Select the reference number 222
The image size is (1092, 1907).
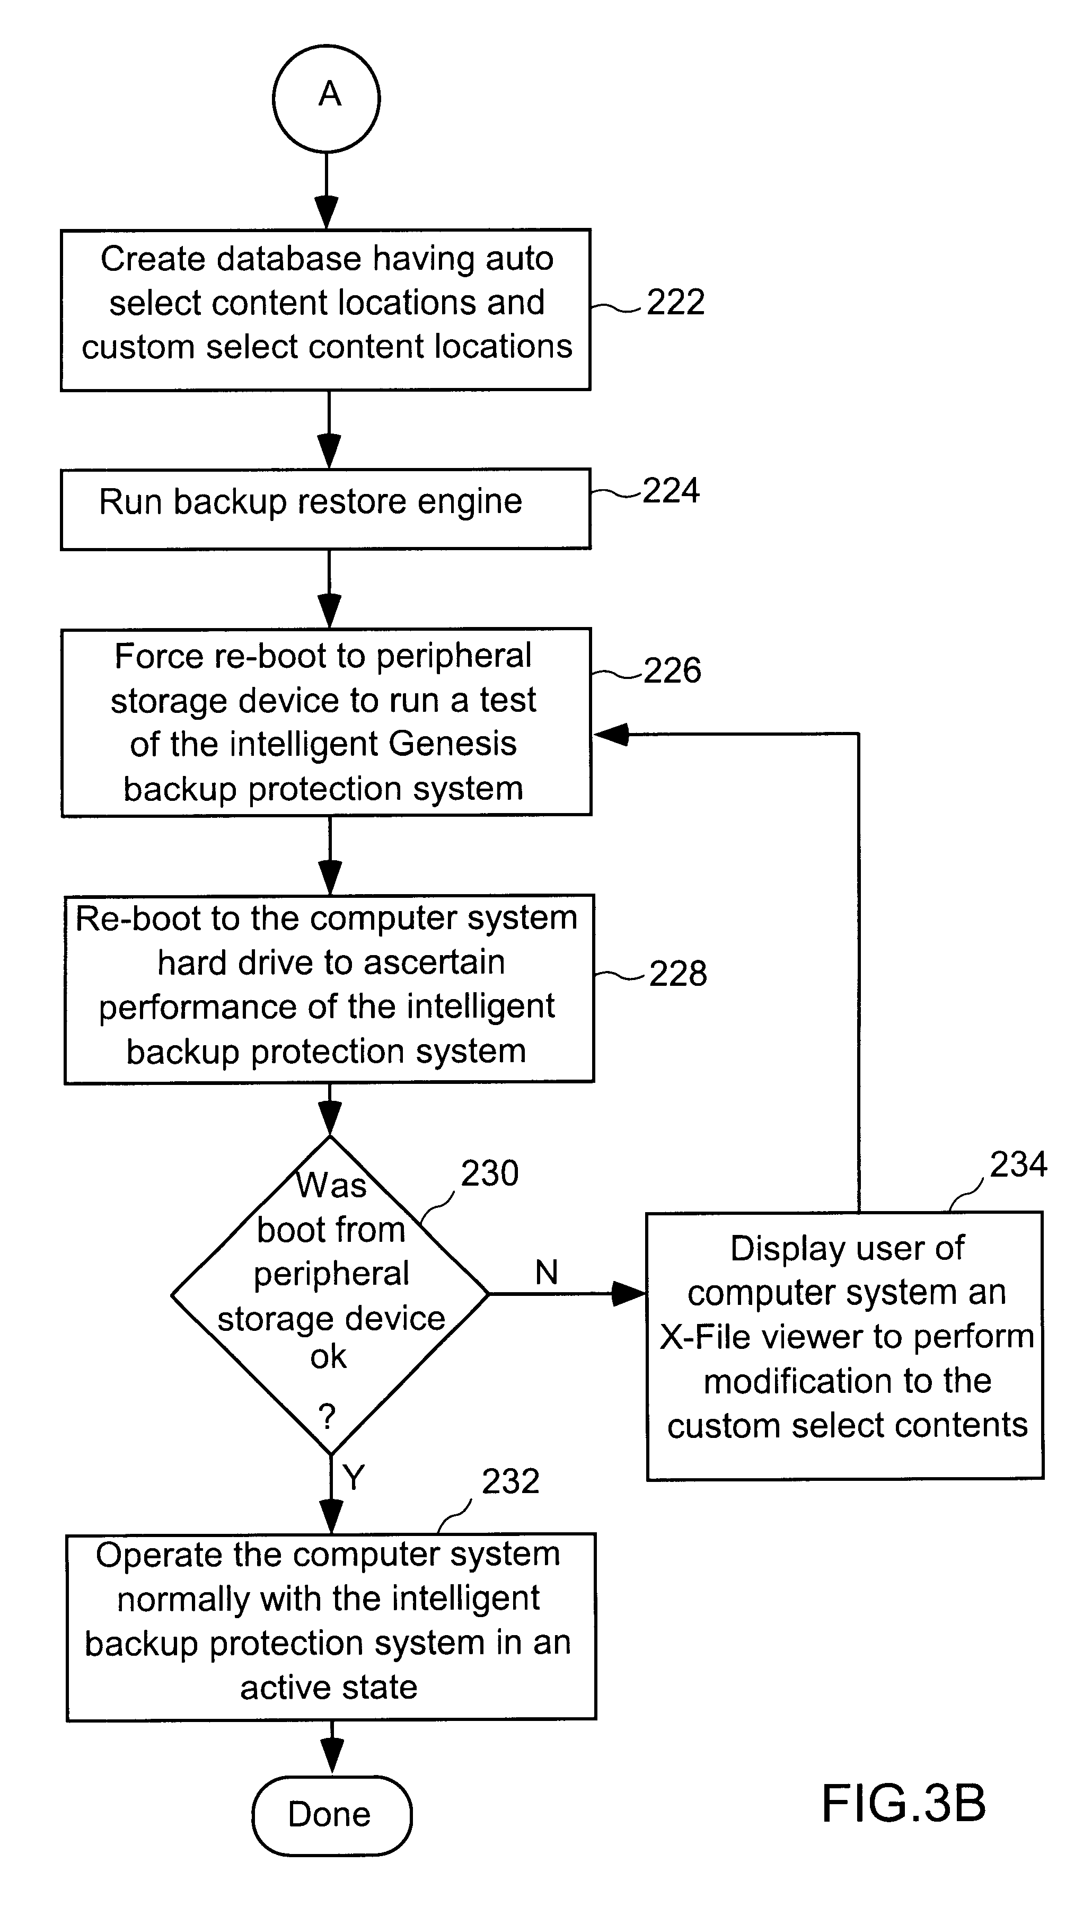tap(675, 302)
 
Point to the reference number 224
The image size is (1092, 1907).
tap(671, 490)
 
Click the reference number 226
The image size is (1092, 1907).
tap(672, 669)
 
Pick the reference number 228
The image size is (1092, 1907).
tap(677, 973)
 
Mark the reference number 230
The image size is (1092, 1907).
tap(489, 1173)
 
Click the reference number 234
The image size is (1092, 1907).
tap(1018, 1164)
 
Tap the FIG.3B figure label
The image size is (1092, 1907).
tap(903, 1804)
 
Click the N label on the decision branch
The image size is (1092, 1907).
tap(547, 1272)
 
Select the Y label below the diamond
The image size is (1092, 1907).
tap(353, 1477)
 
